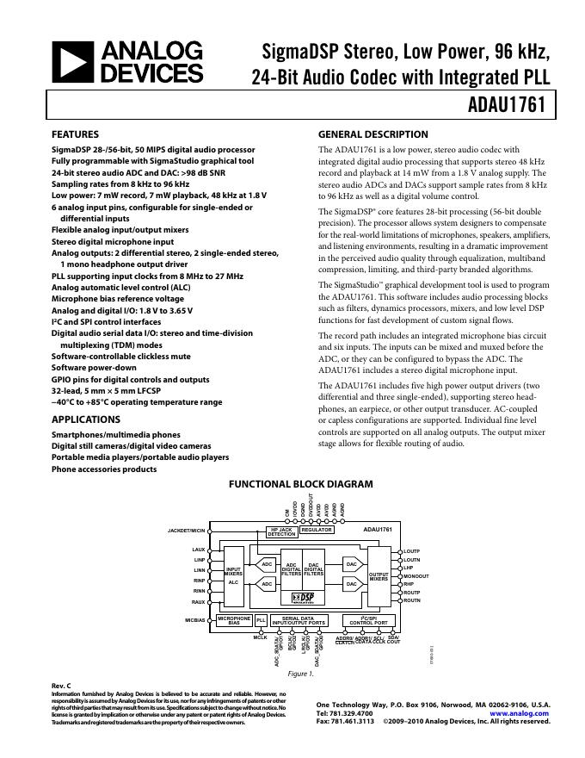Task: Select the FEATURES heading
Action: [x=76, y=134]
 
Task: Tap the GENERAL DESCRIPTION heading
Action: [x=373, y=134]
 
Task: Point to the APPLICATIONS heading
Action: [x=85, y=419]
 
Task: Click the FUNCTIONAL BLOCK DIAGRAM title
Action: [x=300, y=484]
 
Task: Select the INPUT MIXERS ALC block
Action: [x=233, y=575]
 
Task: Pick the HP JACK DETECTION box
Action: [x=280, y=531]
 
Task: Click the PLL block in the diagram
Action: [x=261, y=620]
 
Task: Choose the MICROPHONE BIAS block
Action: [x=233, y=620]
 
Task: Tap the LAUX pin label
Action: [x=199, y=549]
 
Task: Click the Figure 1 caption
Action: [x=299, y=674]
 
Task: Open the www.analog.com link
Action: [x=520, y=714]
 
